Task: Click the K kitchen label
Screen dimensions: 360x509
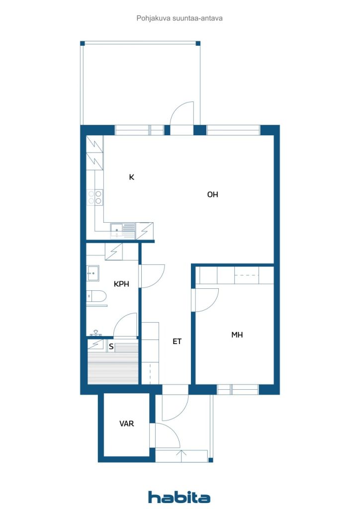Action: tap(131, 177)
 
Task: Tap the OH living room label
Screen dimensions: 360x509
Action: tap(213, 194)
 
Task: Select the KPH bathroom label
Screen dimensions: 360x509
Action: tap(121, 284)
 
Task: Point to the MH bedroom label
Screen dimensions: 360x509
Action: tap(237, 335)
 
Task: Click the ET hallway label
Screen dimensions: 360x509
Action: tap(177, 341)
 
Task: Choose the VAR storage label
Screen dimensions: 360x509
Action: tap(127, 424)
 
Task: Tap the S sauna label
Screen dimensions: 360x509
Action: tap(111, 346)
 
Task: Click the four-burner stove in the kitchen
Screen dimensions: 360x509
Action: tap(95, 197)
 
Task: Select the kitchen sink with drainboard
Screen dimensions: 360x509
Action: tap(122, 231)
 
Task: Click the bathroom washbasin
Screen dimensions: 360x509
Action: tap(93, 273)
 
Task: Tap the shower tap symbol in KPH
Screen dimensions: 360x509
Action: tap(95, 333)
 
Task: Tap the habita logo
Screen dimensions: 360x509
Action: tap(179, 497)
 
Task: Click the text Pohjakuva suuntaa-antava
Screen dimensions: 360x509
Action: tap(180, 18)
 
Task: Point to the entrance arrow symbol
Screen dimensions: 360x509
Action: tap(181, 455)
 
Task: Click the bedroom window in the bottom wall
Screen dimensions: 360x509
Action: tap(238, 389)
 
